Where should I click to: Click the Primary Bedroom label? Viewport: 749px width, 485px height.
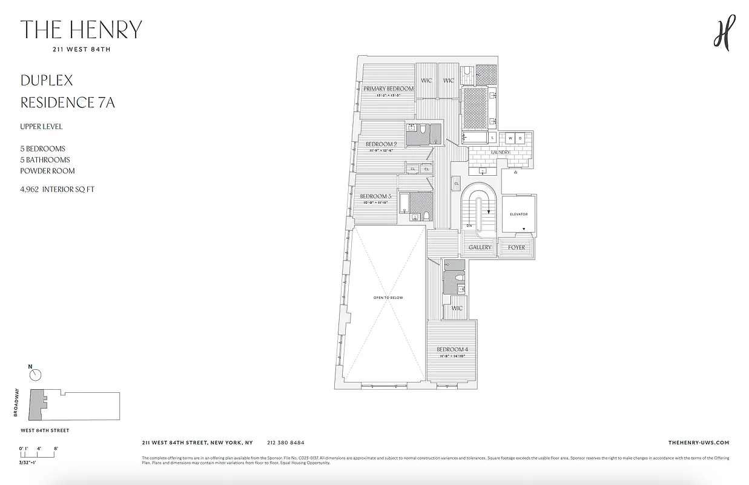click(388, 89)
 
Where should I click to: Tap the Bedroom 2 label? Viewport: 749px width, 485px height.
click(381, 144)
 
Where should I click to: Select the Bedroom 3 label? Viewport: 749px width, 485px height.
click(375, 196)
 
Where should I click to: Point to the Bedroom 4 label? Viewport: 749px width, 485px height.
click(452, 349)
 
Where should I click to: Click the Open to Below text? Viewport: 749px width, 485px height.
click(388, 298)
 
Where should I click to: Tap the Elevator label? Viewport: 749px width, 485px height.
click(518, 214)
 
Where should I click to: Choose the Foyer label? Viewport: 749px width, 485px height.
click(516, 247)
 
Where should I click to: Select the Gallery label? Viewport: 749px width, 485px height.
click(480, 247)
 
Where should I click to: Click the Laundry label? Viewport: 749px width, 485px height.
click(500, 152)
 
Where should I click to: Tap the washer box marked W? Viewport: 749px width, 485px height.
click(510, 138)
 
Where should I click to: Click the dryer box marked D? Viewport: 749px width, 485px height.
click(520, 138)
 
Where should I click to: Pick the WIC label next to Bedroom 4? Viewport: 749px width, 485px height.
click(457, 308)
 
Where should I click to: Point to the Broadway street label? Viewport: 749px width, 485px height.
click(17, 403)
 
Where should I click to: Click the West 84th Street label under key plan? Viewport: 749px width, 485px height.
click(45, 430)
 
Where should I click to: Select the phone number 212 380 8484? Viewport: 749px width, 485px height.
click(285, 443)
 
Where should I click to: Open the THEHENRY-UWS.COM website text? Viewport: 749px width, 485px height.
click(696, 443)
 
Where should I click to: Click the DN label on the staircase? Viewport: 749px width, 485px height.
click(469, 226)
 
